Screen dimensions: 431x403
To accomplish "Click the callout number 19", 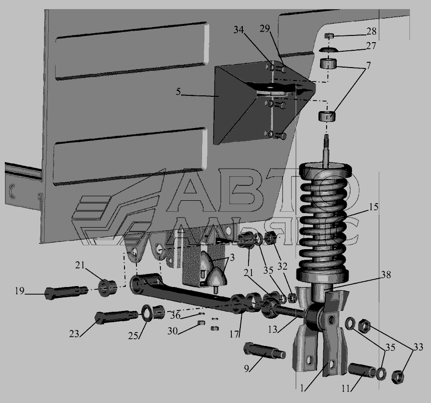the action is click(20, 291).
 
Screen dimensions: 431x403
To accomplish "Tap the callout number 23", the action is click(74, 334).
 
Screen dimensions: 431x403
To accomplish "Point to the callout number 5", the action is click(179, 92).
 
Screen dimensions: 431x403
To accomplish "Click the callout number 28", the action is click(371, 31).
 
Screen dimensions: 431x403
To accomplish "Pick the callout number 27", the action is click(371, 46).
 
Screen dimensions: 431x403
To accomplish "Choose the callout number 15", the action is click(374, 207).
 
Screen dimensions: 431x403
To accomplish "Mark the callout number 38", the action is click(386, 274).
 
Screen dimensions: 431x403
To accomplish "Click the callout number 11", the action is click(346, 389).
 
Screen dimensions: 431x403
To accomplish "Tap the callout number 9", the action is click(246, 368).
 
